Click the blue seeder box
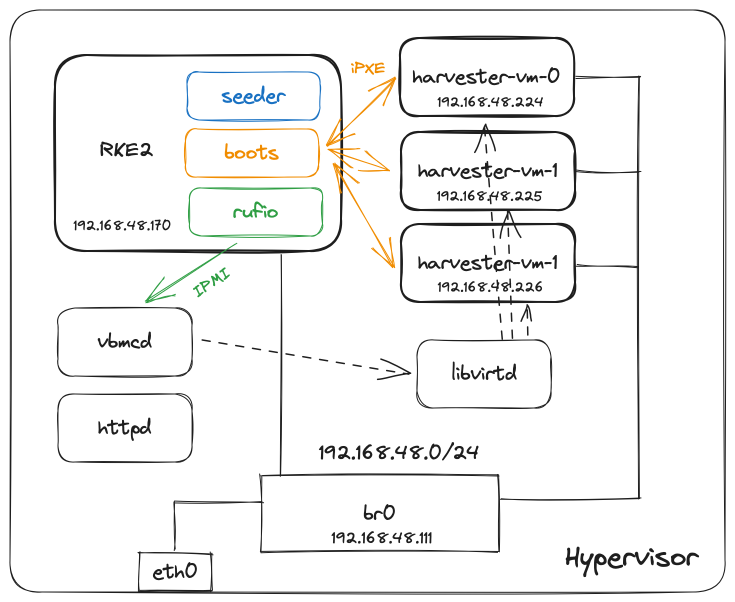click(x=253, y=96)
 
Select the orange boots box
click(x=251, y=153)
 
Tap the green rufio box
click(x=255, y=212)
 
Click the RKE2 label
click(x=126, y=149)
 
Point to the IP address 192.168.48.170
click(x=122, y=225)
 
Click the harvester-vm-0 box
click(x=486, y=77)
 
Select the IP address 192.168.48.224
click(x=489, y=102)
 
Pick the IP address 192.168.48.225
click(x=489, y=196)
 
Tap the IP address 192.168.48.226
click(x=489, y=287)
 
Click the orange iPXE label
click(x=368, y=68)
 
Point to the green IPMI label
click(x=211, y=283)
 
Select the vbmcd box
click(x=125, y=342)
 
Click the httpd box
click(x=125, y=428)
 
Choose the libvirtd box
click(x=484, y=373)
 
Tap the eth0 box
click(x=175, y=571)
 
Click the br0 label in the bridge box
click(x=379, y=512)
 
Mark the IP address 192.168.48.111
click(x=381, y=538)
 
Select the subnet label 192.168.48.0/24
click(x=398, y=452)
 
